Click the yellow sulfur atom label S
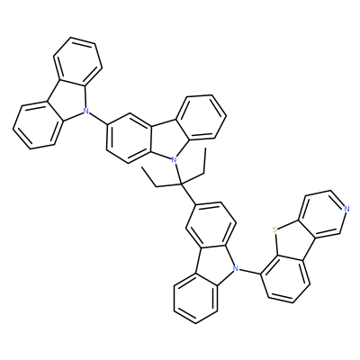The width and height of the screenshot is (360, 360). coord(274,229)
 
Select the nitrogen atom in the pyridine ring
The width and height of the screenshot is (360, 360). coord(346,209)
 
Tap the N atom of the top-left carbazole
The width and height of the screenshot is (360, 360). coord(86,111)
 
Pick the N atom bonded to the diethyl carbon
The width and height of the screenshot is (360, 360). coord(174,159)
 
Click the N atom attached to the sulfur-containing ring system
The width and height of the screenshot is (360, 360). coord(236,268)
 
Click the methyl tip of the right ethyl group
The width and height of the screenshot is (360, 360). coord(206,148)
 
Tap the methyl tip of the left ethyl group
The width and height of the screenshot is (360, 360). coord(143,168)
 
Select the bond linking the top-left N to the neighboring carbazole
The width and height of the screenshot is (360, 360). coord(99,118)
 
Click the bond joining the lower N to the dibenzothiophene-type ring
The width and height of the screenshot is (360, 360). coord(250,271)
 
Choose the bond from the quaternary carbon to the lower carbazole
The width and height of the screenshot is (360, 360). coord(188,194)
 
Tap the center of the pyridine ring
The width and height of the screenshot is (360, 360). coord(323,212)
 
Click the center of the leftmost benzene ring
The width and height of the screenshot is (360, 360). coord(37,126)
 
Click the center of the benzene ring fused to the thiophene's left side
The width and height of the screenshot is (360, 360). coord(285,279)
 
